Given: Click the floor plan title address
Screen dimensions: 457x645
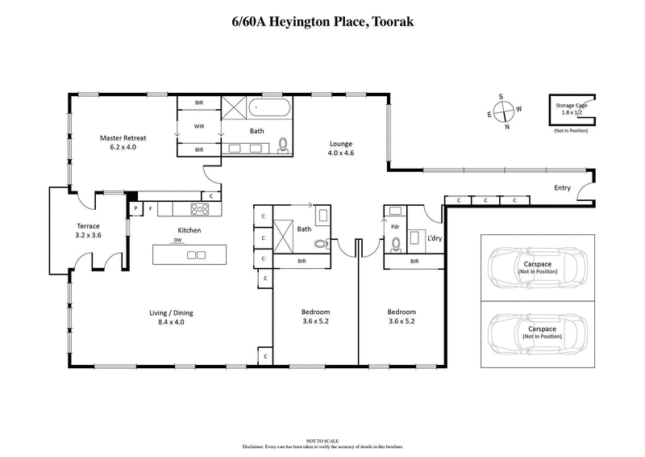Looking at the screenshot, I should (x=322, y=19).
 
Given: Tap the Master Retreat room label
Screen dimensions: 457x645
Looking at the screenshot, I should (x=123, y=143).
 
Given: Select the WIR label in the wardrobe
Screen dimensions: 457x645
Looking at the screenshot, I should (x=199, y=127).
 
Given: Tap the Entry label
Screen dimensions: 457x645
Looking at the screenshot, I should (x=562, y=188).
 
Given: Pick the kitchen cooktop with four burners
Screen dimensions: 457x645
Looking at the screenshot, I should (x=199, y=209).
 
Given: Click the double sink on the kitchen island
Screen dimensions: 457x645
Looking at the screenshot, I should (x=196, y=255).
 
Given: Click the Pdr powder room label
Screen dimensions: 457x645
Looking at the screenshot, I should (x=395, y=227).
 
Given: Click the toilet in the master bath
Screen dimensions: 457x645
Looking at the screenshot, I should (x=283, y=145).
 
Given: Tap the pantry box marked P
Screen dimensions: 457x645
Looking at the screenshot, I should (x=135, y=209).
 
